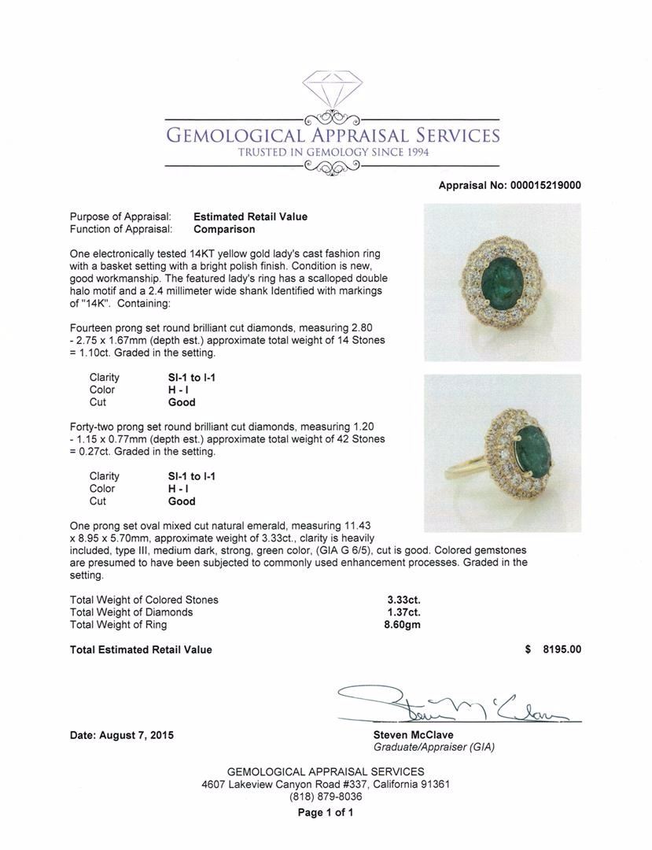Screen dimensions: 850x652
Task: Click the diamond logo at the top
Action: tap(332, 92)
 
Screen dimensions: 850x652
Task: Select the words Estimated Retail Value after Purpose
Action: tap(250, 216)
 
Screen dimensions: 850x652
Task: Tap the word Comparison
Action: tap(224, 229)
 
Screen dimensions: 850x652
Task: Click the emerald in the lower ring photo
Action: tap(531, 449)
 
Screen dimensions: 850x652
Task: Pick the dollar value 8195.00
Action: tap(563, 649)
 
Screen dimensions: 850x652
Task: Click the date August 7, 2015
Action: tap(122, 735)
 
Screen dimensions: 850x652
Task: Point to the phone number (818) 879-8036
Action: tap(326, 796)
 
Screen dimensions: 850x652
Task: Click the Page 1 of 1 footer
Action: tap(326, 812)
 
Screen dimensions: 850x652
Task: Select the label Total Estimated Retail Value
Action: tap(141, 649)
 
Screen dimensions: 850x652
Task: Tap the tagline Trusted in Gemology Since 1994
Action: tap(332, 152)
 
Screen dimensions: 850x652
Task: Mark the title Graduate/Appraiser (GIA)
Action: tap(434, 748)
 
